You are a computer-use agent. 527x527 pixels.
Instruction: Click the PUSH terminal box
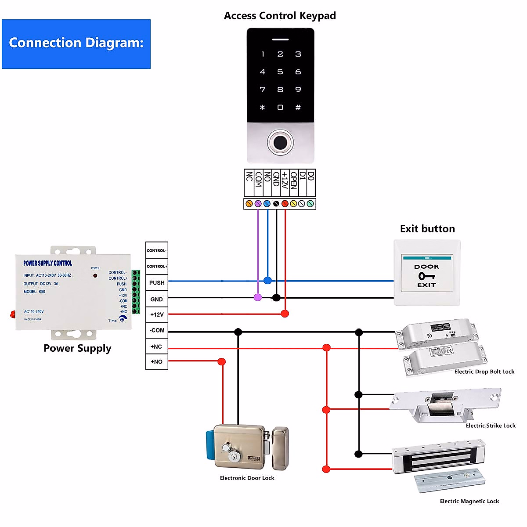(x=157, y=283)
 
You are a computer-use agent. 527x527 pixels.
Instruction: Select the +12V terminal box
(x=157, y=314)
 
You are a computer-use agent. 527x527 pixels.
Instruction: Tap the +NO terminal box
(x=157, y=362)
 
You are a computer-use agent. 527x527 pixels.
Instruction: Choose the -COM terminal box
(x=157, y=330)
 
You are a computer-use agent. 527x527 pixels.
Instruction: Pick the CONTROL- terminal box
(x=157, y=251)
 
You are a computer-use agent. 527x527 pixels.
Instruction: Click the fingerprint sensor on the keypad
(x=280, y=142)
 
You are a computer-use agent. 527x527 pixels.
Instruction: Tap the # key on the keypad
(x=298, y=108)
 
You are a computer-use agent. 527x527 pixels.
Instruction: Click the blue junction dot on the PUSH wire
(x=267, y=280)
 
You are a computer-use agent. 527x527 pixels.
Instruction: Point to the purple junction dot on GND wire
(x=258, y=297)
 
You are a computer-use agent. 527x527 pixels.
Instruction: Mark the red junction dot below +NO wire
(x=222, y=361)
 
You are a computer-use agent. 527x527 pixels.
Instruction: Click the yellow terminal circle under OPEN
(x=293, y=204)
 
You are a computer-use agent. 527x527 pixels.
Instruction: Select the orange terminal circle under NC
(x=249, y=204)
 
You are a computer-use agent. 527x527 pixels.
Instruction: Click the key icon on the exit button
(x=426, y=276)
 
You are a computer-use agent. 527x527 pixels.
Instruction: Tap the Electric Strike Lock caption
(x=491, y=426)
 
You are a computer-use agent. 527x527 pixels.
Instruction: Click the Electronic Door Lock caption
(x=247, y=478)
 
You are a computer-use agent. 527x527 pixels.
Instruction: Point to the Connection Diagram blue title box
(x=76, y=44)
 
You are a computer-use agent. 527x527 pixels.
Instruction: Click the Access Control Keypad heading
(x=280, y=16)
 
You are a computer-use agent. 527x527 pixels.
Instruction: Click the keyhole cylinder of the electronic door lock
(x=234, y=457)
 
